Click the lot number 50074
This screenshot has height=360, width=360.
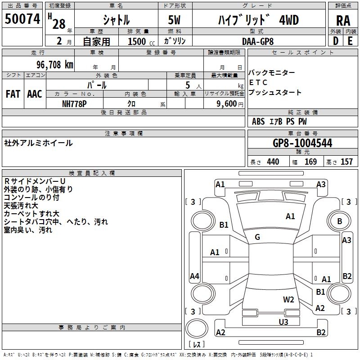22,18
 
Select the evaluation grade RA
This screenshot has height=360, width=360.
343,20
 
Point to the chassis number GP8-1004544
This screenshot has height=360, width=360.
302,144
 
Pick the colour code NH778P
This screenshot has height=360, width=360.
75,103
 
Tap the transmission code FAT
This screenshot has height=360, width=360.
13,94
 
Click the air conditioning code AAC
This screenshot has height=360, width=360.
35,94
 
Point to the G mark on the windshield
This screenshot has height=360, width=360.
257,237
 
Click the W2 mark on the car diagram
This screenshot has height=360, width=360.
288,300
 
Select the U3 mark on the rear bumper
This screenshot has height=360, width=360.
283,321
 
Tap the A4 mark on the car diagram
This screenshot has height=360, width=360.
194,276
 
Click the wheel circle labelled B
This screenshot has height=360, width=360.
339,221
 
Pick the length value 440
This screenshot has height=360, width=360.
273,162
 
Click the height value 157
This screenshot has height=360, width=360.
346,162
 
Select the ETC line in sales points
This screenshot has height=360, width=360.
258,83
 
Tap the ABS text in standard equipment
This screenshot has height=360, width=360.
258,121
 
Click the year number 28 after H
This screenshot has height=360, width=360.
59,23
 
